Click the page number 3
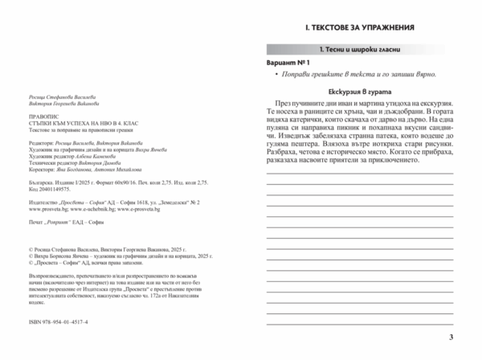click(x=451, y=337)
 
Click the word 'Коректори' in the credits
click(x=42, y=169)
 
